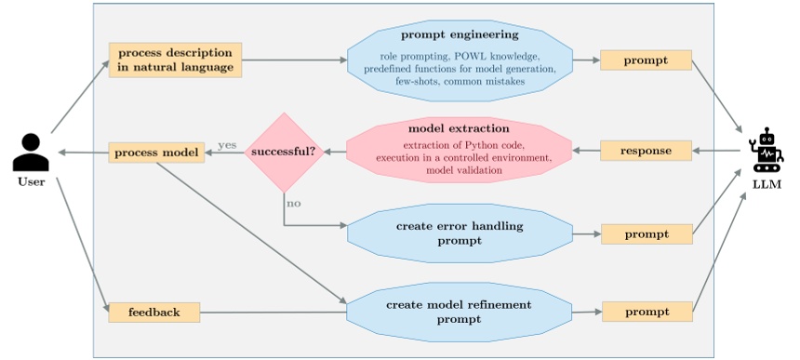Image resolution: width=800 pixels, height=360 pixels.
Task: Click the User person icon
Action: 31,152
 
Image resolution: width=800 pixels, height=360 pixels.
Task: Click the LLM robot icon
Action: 767,150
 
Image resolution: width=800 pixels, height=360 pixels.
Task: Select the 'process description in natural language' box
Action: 175,60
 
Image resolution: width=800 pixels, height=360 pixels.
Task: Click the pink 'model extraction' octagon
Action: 459,150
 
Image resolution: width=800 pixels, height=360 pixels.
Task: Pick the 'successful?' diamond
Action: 284,152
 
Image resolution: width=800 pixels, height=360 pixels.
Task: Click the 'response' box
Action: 647,150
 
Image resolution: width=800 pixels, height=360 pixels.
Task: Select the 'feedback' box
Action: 153,312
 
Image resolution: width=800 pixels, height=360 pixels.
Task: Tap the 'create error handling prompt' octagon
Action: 459,233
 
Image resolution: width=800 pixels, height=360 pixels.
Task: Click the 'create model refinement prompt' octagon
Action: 459,312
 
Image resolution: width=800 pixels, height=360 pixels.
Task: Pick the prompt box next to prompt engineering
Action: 647,60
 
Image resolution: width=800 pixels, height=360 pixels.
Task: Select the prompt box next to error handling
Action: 647,234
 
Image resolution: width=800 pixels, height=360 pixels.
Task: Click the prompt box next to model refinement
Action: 647,312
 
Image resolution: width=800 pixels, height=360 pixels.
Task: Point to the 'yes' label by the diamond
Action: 226,145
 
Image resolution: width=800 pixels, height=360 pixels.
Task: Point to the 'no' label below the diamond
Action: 294,203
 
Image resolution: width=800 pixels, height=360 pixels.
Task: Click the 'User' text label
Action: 31,181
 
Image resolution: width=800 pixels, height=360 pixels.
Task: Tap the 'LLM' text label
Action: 767,183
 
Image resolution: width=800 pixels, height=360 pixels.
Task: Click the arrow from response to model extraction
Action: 586,151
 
